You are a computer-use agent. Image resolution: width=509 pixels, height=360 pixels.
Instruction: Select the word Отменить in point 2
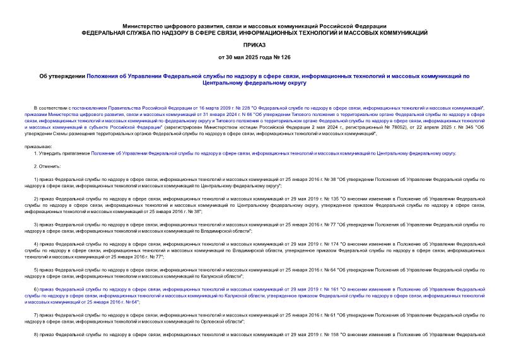(50, 166)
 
